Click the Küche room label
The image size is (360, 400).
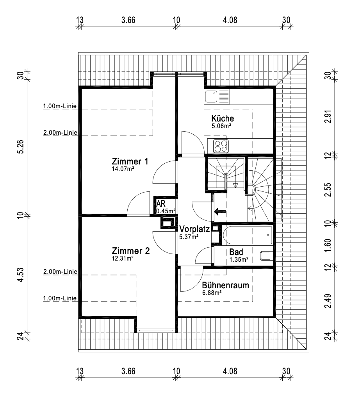tap(223, 118)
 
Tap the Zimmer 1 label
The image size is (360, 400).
tap(130, 161)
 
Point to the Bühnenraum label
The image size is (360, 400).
tap(225, 285)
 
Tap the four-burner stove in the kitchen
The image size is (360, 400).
tap(221, 146)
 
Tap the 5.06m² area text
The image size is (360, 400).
tap(221, 126)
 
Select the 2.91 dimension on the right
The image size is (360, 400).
tap(328, 118)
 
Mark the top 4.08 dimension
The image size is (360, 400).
tap(230, 20)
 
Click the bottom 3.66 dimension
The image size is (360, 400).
tap(128, 371)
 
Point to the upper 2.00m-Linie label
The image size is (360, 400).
tap(60, 133)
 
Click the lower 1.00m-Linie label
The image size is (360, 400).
tap(60, 299)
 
